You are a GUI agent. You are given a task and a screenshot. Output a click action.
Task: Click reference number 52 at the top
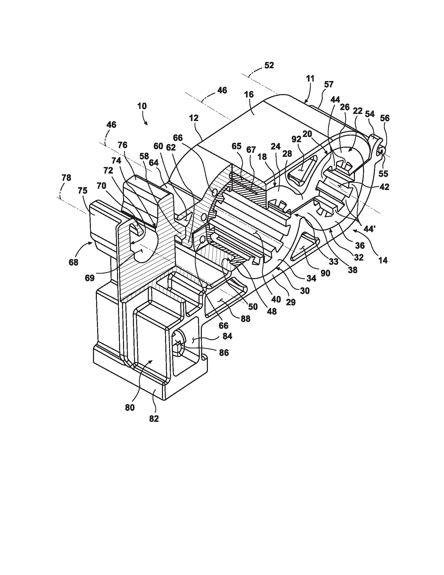point(269,65)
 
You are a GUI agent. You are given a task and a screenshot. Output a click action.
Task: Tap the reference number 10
point(142,106)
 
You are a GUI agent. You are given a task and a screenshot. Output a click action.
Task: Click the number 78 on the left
point(66,178)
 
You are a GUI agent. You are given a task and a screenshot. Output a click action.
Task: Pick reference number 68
point(74,262)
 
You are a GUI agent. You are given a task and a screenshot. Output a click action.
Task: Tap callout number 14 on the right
point(383,260)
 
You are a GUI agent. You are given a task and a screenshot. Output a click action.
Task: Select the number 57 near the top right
point(329,84)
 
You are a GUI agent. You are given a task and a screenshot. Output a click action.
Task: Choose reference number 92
point(296,139)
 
